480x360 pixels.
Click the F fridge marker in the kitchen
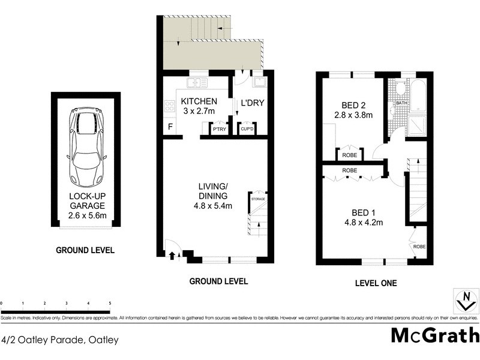pyautogui.click(x=170, y=127)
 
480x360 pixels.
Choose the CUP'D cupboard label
pyautogui.click(x=247, y=129)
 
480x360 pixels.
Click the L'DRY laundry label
pyautogui.click(x=253, y=103)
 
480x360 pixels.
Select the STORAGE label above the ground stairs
pyautogui.click(x=258, y=199)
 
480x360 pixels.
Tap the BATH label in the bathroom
pyautogui.click(x=402, y=103)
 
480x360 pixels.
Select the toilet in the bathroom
pyautogui.click(x=401, y=89)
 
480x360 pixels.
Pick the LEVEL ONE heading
pyautogui.click(x=376, y=283)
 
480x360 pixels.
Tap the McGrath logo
pyautogui.click(x=435, y=335)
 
